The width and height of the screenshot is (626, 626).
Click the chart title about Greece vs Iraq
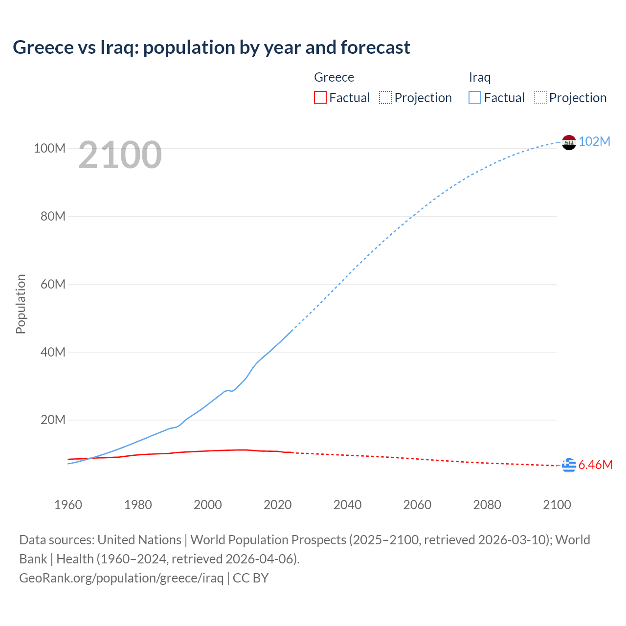click(211, 47)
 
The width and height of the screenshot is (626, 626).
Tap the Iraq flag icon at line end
click(569, 142)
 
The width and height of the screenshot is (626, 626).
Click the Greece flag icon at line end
click(569, 466)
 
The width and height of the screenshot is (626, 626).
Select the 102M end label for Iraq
click(594, 141)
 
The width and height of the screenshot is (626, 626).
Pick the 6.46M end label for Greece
click(595, 465)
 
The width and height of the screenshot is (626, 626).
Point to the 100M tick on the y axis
click(49, 148)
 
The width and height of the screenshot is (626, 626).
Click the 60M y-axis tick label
click(53, 284)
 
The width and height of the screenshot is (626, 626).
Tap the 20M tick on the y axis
click(53, 420)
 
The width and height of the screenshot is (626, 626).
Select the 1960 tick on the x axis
click(68, 505)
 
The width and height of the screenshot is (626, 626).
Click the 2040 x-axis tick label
click(347, 505)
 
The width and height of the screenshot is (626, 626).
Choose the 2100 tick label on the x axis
click(557, 505)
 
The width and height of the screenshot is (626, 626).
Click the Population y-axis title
click(21, 304)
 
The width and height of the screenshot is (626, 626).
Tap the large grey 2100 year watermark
click(120, 155)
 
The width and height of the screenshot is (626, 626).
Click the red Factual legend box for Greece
click(320, 98)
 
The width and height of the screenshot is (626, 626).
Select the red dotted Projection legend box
click(385, 98)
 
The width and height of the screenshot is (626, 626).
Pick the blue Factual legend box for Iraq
click(475, 98)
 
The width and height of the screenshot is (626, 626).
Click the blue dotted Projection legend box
click(540, 98)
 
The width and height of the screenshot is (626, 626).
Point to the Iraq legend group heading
click(479, 77)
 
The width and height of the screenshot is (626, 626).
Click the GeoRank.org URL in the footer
click(121, 578)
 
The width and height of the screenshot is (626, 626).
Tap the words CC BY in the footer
click(250, 578)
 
